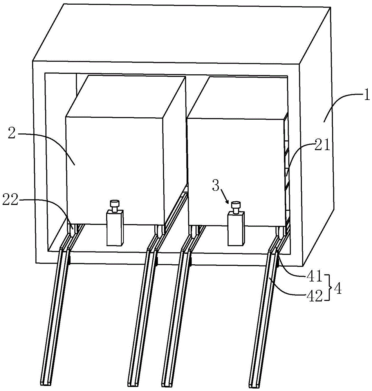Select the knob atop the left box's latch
coord(115,204)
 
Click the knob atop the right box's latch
coord(236,205)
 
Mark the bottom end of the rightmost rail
coord(254,381)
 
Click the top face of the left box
coord(125,96)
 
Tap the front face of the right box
coord(235,164)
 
